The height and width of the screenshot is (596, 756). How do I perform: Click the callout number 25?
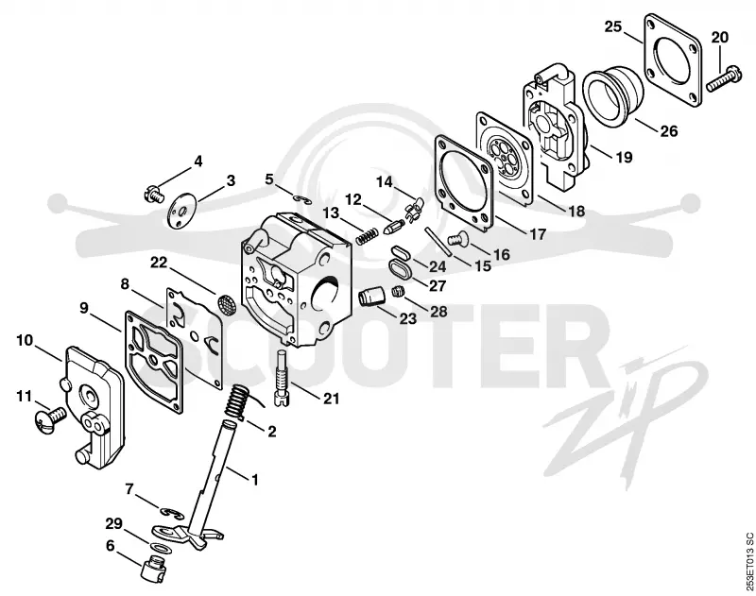pos(613,26)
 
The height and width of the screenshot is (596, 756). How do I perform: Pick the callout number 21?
pos(331,399)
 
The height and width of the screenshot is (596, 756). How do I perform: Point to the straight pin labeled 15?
pos(438,242)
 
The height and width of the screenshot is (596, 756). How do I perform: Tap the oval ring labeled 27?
pos(399,268)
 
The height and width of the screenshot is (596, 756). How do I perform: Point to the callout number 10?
pos(25,340)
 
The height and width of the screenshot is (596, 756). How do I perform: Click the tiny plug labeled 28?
pos(398,291)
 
